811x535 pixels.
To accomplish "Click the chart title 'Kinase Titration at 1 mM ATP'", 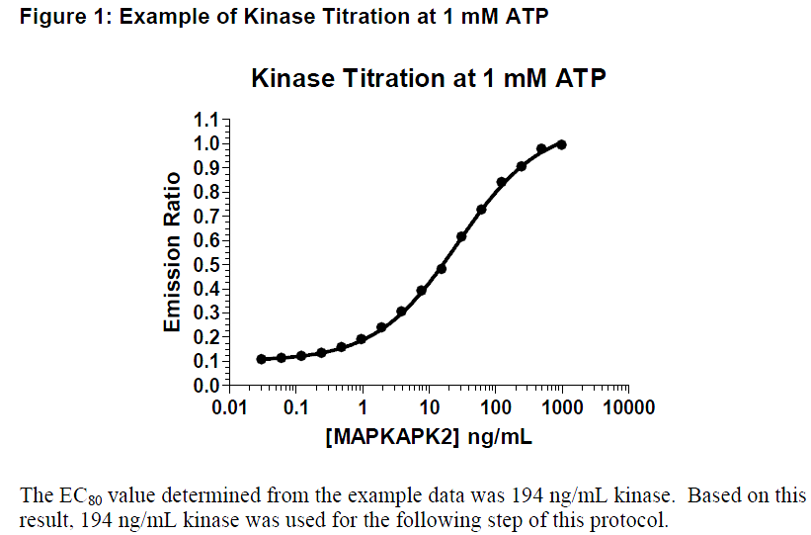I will pos(428,78).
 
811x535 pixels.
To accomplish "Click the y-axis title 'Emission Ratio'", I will pos(173,252).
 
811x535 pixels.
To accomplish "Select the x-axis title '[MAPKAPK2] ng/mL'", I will pos(428,436).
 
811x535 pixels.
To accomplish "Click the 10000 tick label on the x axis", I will pos(628,407).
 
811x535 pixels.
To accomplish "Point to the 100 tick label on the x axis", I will pos(495,407).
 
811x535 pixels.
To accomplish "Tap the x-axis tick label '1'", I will pos(363,407).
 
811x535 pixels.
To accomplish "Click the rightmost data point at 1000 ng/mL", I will pos(561,144).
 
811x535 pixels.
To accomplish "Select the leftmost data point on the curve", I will pos(261,359).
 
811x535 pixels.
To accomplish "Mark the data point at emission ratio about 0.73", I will pos(481,210).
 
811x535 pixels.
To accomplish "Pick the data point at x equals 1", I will pos(362,339).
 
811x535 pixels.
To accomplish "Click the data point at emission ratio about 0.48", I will pos(442,268).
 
